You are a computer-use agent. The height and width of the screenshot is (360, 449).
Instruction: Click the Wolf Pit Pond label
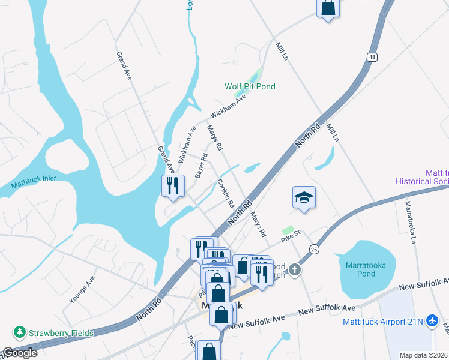pyautogui.click(x=250, y=87)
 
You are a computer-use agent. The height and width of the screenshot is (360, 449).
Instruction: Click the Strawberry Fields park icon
pyautogui.click(x=20, y=332)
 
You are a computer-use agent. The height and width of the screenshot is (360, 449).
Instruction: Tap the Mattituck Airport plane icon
pyautogui.click(x=432, y=321)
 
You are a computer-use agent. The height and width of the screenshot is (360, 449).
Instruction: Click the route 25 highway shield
pyautogui.click(x=314, y=248)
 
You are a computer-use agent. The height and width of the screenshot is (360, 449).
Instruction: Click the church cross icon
pyautogui.click(x=294, y=270)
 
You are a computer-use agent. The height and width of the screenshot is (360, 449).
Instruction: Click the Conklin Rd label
pyautogui.click(x=226, y=193)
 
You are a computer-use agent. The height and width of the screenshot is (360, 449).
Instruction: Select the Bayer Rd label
pyautogui.click(x=201, y=166)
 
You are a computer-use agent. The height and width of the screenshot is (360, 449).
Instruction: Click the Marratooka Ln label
pyautogui.click(x=411, y=221)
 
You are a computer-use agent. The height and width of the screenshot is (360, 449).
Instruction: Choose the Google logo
pyautogui.click(x=19, y=353)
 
